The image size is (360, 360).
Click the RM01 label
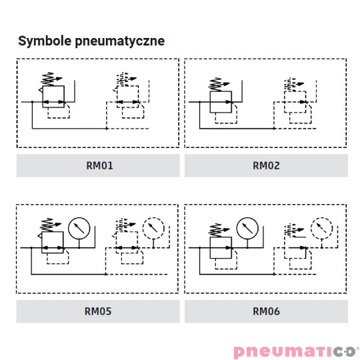(99, 165)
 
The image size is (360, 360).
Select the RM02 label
(266, 165)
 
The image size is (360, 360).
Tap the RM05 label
(98, 311)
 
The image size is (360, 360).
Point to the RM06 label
(266, 311)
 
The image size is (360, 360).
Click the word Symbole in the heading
(45, 41)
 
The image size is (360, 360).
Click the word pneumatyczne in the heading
(120, 41)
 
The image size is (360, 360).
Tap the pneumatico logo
(296, 351)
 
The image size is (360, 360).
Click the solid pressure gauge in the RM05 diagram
(79, 218)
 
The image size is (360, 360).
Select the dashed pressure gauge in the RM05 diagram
(153, 218)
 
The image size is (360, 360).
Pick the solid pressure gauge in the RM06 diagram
(247, 218)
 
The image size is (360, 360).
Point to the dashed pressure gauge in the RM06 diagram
(321, 218)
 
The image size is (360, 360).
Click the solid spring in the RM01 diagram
(47, 79)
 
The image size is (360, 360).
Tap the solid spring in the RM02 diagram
(215, 85)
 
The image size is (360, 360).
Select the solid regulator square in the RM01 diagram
(43, 97)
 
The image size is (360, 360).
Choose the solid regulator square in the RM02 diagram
(210, 102)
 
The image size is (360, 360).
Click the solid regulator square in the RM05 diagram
(42, 243)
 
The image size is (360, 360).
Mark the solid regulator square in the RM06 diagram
(210, 248)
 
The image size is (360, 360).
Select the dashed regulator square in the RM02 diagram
(284, 102)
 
